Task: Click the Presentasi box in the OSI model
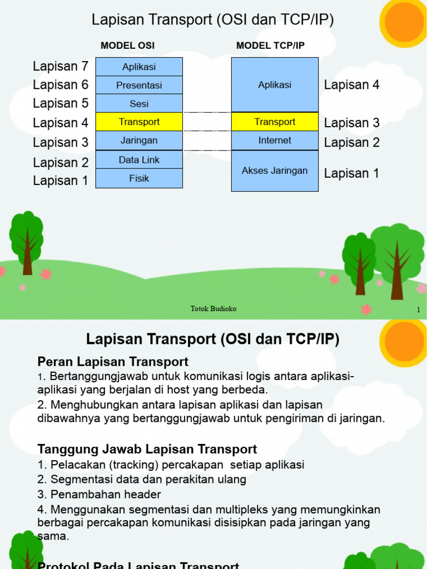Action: pos(139,85)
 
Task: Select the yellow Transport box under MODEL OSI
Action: pos(139,122)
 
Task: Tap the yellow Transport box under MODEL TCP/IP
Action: pos(275,122)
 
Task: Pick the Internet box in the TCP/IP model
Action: pos(275,141)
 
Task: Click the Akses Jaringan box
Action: pos(275,171)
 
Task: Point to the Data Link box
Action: pos(139,159)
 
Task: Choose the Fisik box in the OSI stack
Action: pos(139,178)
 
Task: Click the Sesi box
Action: pos(139,103)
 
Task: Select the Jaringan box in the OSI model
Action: pos(139,141)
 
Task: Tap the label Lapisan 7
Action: pos(61,67)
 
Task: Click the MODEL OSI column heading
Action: pos(128,46)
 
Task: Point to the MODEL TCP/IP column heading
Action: pos(270,46)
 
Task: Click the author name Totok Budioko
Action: pos(213,308)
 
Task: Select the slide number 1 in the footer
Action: pos(418,310)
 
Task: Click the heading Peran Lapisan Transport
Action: pos(113,362)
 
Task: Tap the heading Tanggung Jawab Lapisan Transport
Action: pos(147,449)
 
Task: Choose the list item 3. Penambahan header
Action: pos(100,494)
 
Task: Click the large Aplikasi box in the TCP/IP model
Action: pos(275,85)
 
